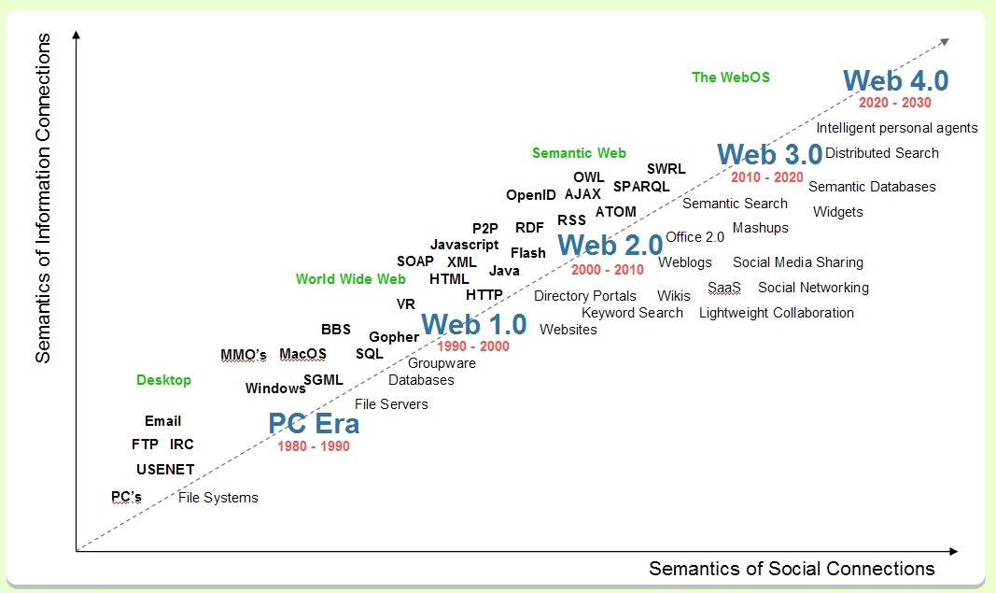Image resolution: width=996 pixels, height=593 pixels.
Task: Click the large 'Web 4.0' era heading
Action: coord(895,80)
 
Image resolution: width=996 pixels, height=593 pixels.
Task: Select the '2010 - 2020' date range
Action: coord(766,177)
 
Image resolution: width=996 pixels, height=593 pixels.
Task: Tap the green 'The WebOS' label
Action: coord(731,78)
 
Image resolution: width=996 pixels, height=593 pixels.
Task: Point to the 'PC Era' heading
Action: coord(314,423)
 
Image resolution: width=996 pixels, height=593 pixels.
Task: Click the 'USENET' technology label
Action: coord(165,470)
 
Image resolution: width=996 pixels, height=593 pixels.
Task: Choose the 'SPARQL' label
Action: coord(641,187)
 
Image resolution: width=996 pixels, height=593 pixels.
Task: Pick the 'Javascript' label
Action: coord(464,245)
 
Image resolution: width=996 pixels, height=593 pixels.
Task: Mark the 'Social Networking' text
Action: coord(813,288)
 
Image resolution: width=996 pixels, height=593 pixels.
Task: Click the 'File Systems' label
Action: coord(217,498)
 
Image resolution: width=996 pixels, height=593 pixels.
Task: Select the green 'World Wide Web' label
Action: coord(351,279)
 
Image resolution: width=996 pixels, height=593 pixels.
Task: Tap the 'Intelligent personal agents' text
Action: coord(897,128)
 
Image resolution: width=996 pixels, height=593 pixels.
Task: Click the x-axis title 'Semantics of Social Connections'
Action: coord(792,569)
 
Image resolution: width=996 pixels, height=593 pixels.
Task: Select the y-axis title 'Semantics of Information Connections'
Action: coord(43,198)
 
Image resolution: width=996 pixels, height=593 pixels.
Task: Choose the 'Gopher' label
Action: coord(394,337)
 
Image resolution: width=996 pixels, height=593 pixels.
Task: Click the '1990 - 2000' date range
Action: coord(473,346)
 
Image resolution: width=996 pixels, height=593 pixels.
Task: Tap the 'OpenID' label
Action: coord(531,195)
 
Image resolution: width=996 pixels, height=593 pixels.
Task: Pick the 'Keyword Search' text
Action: coord(632,314)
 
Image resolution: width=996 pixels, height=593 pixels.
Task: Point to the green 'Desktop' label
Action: coord(164,380)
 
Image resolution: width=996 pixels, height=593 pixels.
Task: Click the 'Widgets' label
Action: coord(838,212)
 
